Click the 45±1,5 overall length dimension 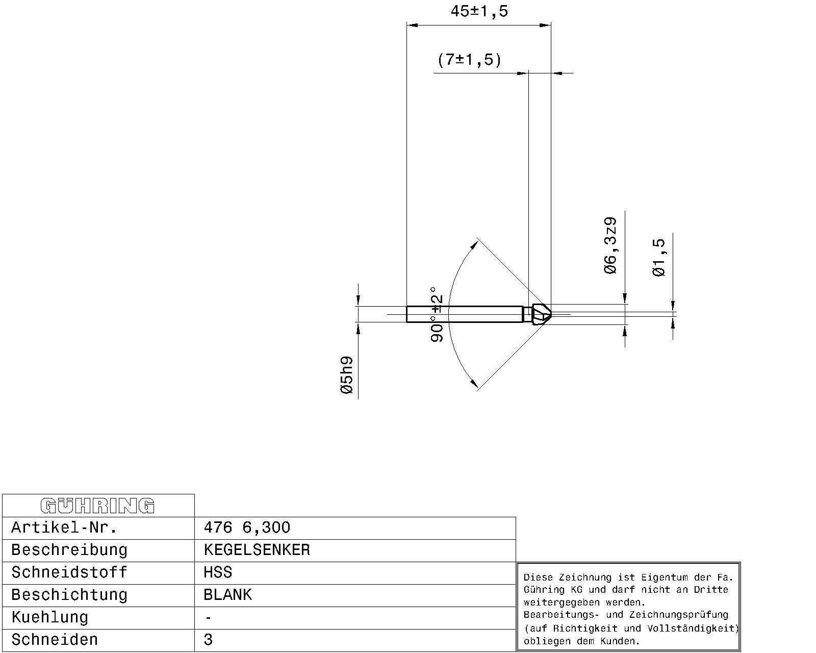(479, 11)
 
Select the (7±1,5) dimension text (469, 60)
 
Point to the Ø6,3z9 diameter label (610, 245)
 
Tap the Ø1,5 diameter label (658, 258)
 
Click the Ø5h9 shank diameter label (347, 375)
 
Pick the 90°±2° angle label (437, 315)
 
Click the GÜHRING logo (97, 506)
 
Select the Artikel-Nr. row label (64, 528)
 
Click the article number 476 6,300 (247, 528)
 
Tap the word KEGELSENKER (257, 550)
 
